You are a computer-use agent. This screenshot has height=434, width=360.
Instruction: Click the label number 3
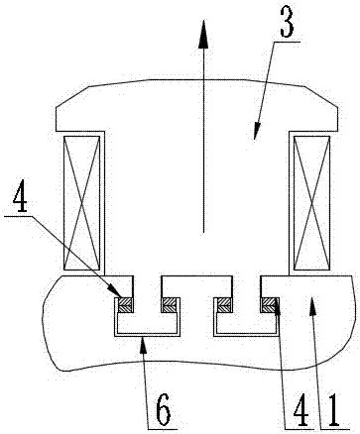pyautogui.click(x=287, y=22)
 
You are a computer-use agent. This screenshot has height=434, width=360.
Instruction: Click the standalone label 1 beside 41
pyautogui.click(x=332, y=409)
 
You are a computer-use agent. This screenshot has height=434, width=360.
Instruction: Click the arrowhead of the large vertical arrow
pyautogui.click(x=203, y=33)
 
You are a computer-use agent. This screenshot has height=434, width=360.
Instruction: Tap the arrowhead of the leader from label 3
pyautogui.click(x=257, y=131)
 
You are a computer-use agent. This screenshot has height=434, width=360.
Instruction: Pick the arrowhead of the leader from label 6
pyautogui.click(x=143, y=345)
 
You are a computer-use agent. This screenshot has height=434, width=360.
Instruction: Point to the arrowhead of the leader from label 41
pyautogui.click(x=276, y=304)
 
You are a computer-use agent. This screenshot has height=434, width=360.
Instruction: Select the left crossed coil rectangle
pyautogui.click(x=81, y=202)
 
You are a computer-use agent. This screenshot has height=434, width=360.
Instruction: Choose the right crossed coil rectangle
pyautogui.click(x=311, y=202)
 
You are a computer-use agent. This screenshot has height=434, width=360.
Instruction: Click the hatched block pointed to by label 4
pyautogui.click(x=126, y=304)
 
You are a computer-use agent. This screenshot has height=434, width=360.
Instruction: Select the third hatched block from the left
pyautogui.click(x=223, y=304)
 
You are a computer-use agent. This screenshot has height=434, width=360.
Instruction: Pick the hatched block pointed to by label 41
pyautogui.click(x=268, y=304)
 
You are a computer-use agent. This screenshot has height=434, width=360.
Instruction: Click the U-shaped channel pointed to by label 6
pyautogui.click(x=147, y=334)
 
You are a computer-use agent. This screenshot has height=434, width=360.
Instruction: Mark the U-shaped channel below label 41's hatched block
pyautogui.click(x=246, y=334)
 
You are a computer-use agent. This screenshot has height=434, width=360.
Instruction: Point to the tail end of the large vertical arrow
pyautogui.click(x=203, y=233)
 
